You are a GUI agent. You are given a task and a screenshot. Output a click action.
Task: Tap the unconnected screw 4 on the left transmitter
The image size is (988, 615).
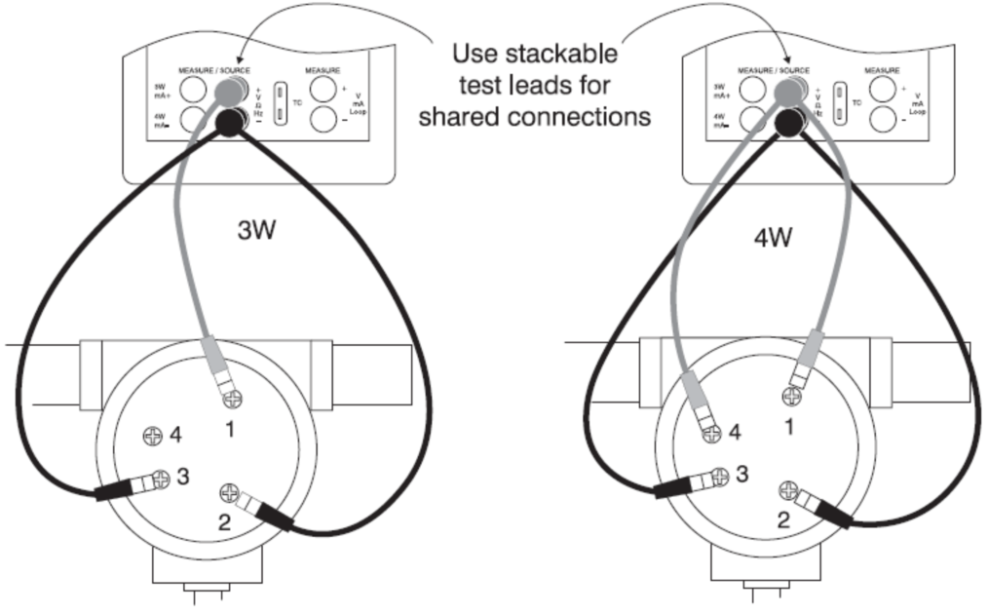tap(153, 435)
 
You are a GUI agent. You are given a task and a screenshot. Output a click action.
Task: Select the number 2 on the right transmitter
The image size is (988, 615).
tap(782, 520)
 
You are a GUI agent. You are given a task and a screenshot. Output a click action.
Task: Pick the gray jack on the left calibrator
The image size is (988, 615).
tap(229, 94)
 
